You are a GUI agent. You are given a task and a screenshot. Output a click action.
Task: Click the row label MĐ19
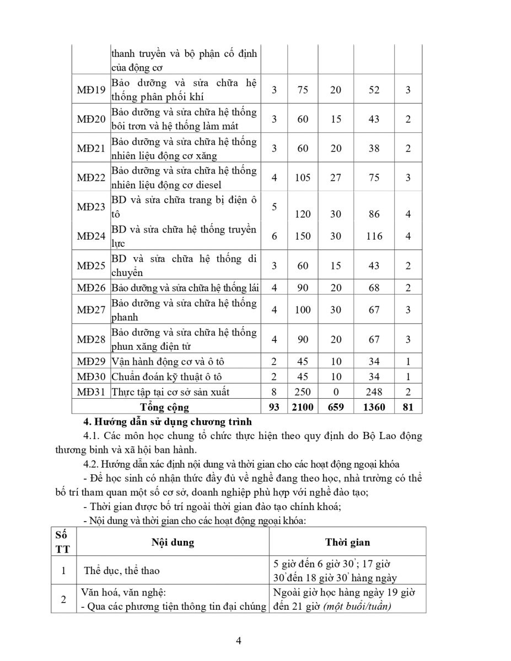pyautogui.click(x=91, y=90)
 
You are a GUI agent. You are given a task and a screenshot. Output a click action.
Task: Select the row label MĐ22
pyautogui.click(x=91, y=177)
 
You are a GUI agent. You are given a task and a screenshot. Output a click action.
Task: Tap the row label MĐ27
pyautogui.click(x=91, y=310)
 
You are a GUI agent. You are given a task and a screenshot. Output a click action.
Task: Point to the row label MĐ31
pyautogui.click(x=91, y=392)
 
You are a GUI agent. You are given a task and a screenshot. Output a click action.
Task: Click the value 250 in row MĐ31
pyautogui.click(x=303, y=392)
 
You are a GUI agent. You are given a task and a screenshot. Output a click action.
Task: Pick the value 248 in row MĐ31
pyautogui.click(x=374, y=392)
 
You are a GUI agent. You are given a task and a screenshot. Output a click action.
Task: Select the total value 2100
pyautogui.click(x=303, y=407)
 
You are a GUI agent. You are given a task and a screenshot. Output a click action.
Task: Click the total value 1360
pyautogui.click(x=374, y=407)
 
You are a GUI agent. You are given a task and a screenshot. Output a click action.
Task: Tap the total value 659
pyautogui.click(x=336, y=407)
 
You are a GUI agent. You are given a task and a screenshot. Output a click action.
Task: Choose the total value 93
pyautogui.click(x=274, y=407)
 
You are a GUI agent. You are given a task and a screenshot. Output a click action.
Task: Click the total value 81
pyautogui.click(x=408, y=407)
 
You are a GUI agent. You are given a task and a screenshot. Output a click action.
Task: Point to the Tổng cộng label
pyautogui.click(x=164, y=407)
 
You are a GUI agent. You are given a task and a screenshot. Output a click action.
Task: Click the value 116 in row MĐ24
pyautogui.click(x=374, y=236)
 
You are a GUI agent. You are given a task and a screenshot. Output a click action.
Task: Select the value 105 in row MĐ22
pyautogui.click(x=303, y=177)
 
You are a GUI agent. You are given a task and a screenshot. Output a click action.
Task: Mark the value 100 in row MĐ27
pyautogui.click(x=303, y=310)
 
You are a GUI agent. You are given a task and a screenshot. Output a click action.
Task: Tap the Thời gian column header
pyautogui.click(x=347, y=542)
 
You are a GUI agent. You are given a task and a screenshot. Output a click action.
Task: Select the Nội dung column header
pyautogui.click(x=173, y=542)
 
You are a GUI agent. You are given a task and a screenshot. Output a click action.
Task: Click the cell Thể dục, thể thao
pyautogui.click(x=122, y=570)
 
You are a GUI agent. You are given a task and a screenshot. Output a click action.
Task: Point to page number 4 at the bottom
pyautogui.click(x=239, y=640)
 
